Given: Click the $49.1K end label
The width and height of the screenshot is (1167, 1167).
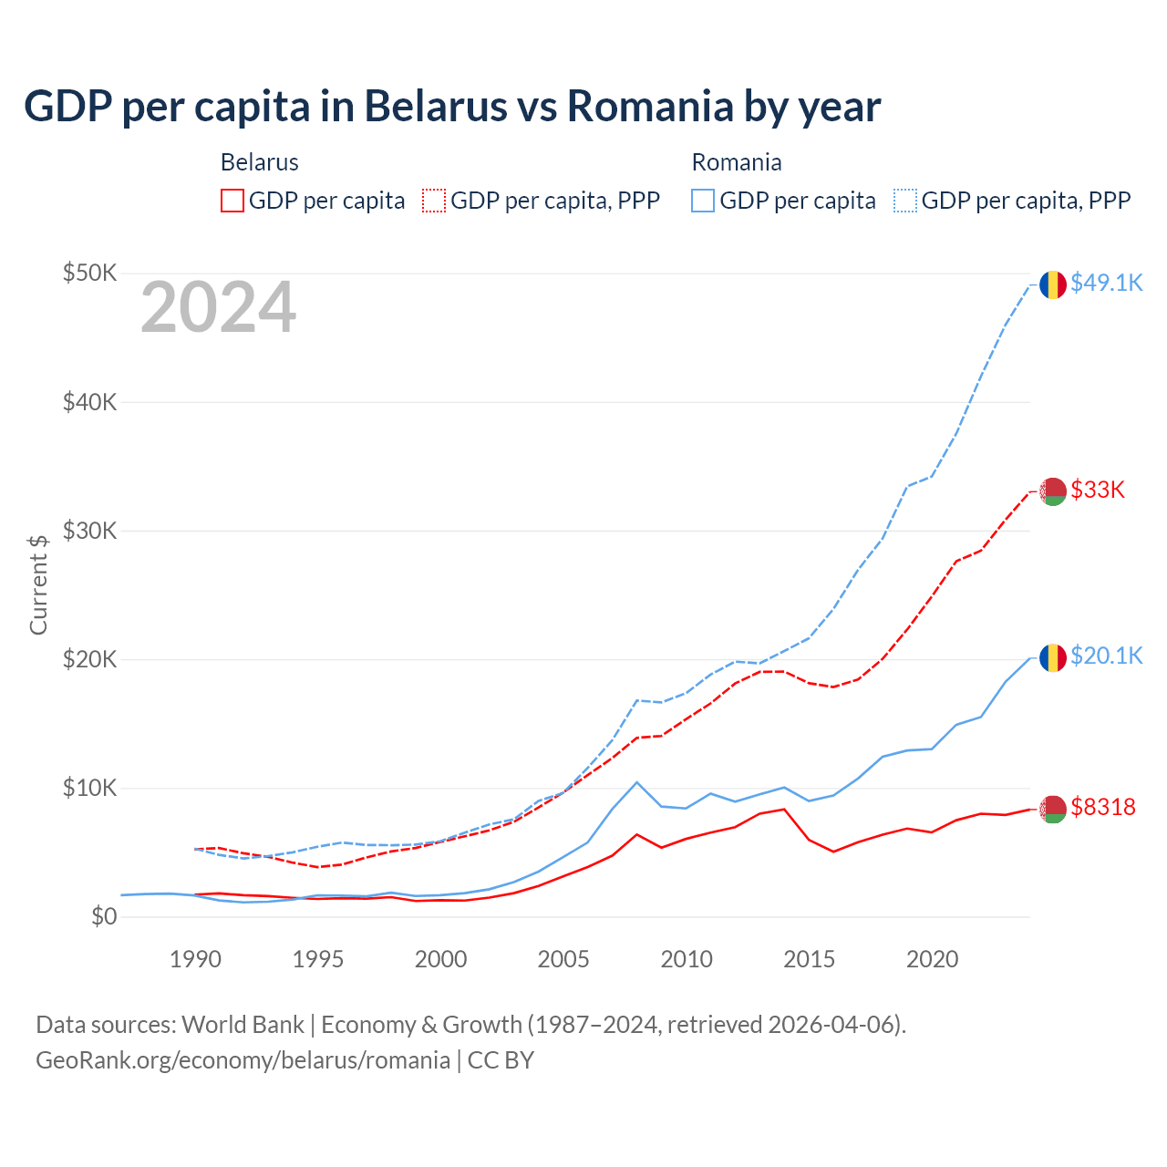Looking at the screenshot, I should click(1106, 284).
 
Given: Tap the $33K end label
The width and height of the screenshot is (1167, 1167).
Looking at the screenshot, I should click(1098, 491).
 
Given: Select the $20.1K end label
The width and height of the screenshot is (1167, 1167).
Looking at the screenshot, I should click(1106, 656).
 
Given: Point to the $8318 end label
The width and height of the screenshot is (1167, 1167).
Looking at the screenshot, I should click(1103, 808).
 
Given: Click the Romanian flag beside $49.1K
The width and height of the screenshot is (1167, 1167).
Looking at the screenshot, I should click(1053, 284).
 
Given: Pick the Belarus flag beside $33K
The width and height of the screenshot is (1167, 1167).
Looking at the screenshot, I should click(1053, 491).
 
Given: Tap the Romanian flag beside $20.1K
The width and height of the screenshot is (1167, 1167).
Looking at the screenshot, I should click(1053, 657).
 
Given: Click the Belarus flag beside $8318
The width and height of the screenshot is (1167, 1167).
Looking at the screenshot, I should click(1053, 809).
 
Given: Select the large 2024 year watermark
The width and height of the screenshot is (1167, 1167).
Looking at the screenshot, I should click(219, 308).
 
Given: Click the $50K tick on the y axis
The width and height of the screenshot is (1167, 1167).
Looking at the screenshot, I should click(89, 274).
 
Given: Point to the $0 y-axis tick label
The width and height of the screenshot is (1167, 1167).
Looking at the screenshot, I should click(104, 917).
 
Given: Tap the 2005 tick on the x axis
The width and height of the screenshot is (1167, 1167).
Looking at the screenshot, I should click(563, 960).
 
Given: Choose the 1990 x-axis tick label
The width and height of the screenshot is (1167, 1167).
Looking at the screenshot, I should click(195, 960).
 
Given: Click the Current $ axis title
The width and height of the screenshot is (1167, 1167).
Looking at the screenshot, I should click(38, 584).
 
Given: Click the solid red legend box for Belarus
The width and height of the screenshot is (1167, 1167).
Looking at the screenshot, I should click(232, 201).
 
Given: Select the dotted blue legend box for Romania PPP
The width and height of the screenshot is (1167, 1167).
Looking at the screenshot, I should click(905, 201).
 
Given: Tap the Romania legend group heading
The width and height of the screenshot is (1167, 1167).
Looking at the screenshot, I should click(737, 163).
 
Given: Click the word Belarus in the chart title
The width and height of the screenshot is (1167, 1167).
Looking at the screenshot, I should click(436, 107).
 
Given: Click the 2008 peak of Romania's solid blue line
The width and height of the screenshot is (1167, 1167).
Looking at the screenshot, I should click(636, 782).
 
